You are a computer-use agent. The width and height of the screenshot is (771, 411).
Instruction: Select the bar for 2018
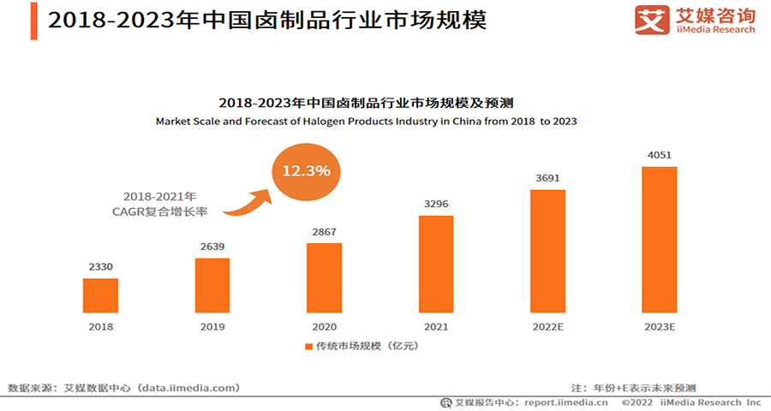100,295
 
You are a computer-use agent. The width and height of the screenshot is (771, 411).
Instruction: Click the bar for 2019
212,284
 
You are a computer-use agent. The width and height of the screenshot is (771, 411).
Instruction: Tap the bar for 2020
324,277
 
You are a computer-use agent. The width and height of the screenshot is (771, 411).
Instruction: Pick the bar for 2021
436,264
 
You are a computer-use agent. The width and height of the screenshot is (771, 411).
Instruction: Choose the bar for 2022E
547,251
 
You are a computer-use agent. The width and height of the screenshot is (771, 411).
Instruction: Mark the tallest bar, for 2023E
660,239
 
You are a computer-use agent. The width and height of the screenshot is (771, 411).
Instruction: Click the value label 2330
100,267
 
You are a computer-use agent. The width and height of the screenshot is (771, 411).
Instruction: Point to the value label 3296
436,205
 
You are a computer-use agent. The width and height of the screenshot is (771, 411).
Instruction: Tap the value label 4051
660,155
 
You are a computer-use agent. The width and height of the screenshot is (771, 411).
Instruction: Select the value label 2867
324,232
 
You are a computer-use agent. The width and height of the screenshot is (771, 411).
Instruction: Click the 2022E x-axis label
547,326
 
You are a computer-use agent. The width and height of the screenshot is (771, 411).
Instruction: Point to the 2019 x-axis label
212,326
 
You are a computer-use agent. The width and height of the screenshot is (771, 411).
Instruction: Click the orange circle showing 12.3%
306,170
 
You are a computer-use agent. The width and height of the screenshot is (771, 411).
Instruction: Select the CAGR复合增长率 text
158,211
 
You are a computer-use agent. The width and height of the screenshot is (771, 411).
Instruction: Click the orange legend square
309,347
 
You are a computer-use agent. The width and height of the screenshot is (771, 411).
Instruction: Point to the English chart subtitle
366,122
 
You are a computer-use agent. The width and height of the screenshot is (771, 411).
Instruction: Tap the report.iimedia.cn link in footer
566,402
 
